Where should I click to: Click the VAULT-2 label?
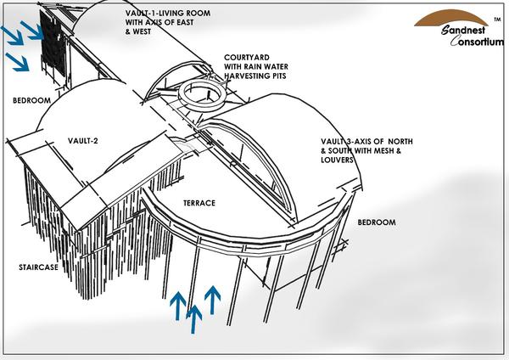84,141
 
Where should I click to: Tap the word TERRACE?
199,204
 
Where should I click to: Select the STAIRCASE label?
37,267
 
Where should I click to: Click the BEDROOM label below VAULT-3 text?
377,222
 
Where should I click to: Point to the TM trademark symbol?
496,17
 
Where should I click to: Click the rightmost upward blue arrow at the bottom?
212,300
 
